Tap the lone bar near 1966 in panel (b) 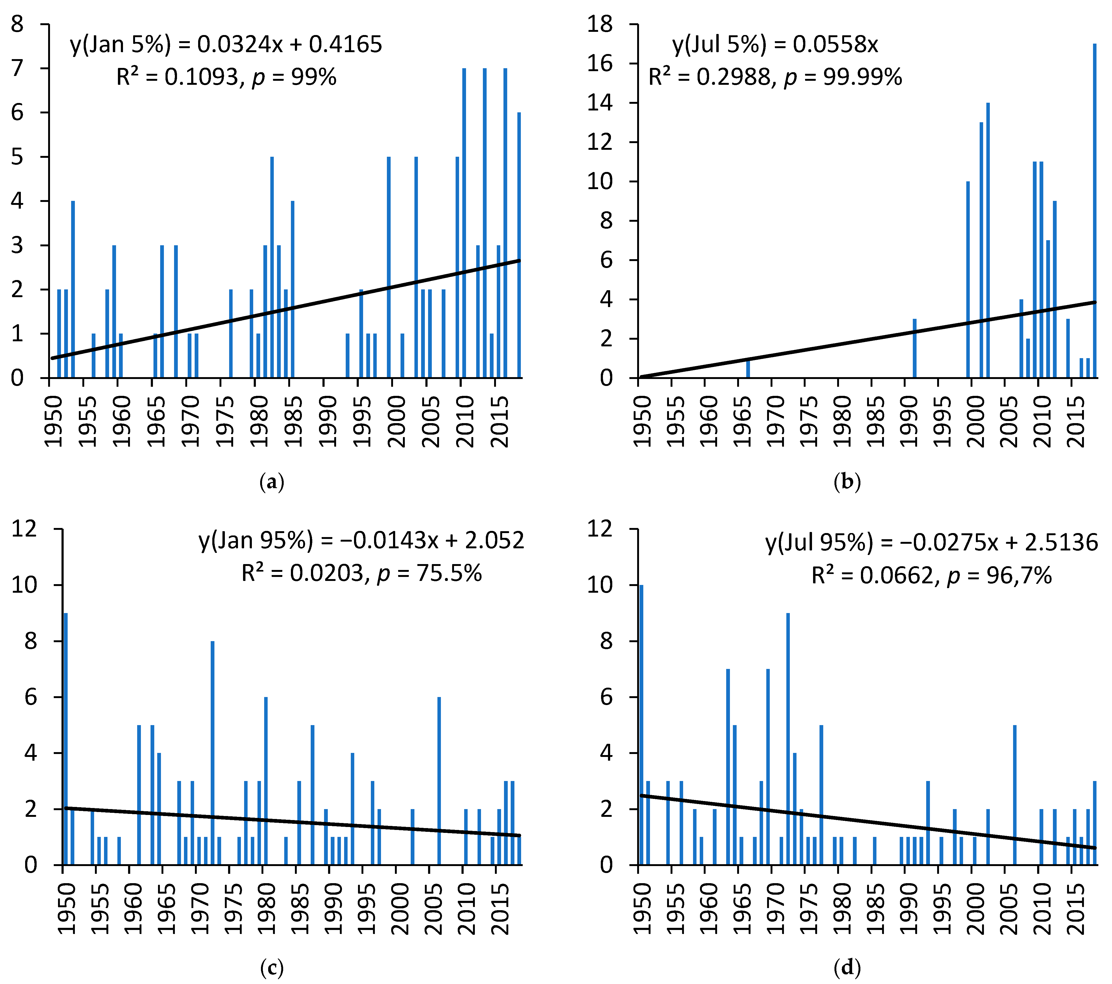click(x=748, y=369)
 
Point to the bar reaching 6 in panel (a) click(x=519, y=245)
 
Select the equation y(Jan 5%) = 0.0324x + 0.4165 click(x=226, y=45)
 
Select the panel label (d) click(x=847, y=968)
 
